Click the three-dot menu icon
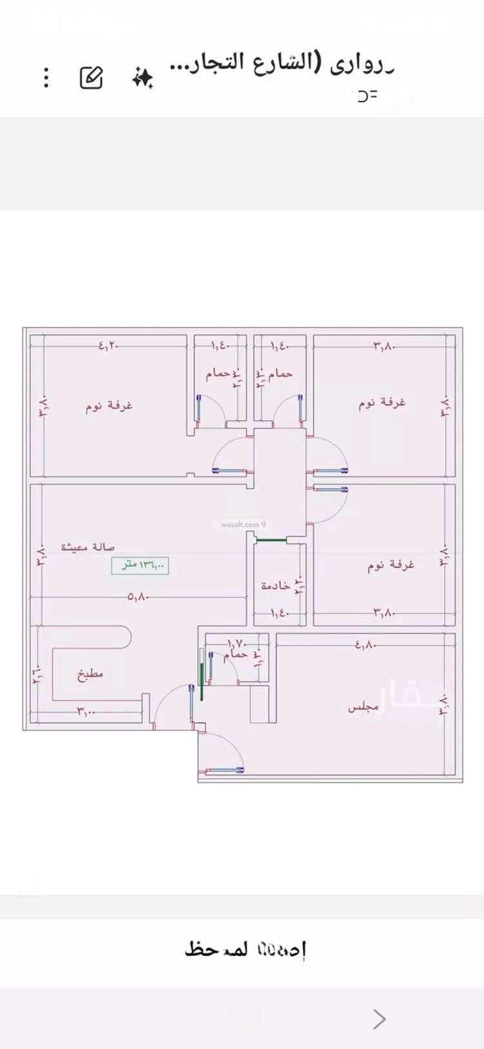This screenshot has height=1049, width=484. click(x=46, y=77)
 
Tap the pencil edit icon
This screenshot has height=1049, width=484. click(x=91, y=77)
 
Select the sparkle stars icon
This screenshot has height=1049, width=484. click(x=143, y=78)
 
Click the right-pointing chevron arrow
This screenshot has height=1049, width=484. click(x=379, y=1019)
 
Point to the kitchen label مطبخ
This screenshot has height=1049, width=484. click(x=90, y=675)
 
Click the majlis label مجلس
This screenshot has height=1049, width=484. click(x=363, y=708)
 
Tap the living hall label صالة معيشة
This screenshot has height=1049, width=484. click(x=88, y=547)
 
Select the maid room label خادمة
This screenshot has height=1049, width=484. click(x=276, y=586)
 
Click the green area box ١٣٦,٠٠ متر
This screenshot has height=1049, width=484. click(x=140, y=565)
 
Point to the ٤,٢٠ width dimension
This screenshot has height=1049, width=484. click(x=110, y=346)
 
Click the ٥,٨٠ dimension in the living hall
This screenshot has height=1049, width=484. click(x=138, y=597)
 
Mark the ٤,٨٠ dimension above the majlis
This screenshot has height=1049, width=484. click(x=365, y=644)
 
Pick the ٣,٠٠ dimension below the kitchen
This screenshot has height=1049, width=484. click(x=86, y=711)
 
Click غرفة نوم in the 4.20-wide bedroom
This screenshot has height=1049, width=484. click(x=109, y=406)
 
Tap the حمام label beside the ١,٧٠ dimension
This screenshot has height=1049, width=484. click(x=236, y=655)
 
